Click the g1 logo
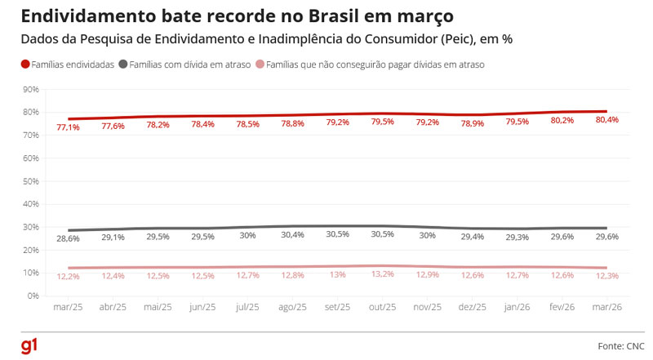[x=29, y=346]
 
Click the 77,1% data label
[x=68, y=127]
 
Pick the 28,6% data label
[x=68, y=238]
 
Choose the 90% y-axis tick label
[x=32, y=90]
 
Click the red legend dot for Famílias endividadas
[x=24, y=64]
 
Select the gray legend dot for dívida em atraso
[x=122, y=64]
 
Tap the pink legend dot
[x=260, y=64]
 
